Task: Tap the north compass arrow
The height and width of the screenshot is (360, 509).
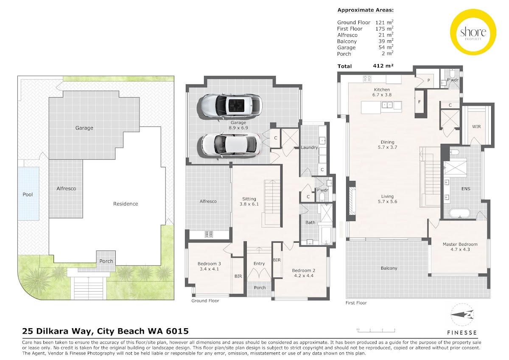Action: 462,315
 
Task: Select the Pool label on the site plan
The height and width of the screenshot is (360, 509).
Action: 28,194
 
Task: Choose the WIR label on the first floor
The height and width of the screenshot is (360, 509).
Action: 476,127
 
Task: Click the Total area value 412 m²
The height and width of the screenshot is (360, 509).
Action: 383,66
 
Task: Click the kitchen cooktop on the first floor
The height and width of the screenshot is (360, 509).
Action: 367,79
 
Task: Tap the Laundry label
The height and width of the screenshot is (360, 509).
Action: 309,147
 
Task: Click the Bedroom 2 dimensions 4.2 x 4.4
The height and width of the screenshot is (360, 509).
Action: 304,276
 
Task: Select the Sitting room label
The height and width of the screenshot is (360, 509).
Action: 249,199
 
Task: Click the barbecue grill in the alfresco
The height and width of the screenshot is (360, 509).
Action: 209,234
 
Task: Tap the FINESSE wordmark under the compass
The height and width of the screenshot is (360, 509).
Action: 462,333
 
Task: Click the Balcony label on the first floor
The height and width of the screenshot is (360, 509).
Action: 389,268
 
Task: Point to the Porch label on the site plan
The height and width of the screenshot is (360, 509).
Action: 106,262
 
